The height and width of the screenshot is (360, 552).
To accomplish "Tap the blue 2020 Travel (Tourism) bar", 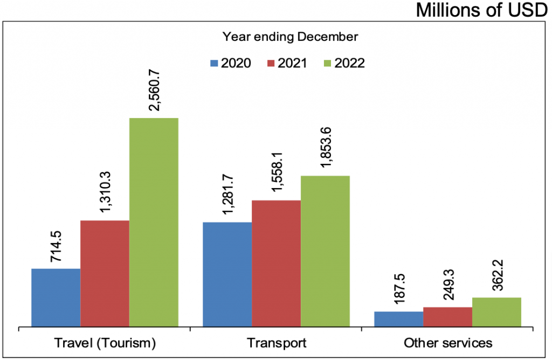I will [56, 297].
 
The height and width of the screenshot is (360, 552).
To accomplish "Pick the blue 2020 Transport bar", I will [227, 274].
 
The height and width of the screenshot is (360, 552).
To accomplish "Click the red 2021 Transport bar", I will [276, 264].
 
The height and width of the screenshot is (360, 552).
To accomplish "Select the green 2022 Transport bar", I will [325, 251].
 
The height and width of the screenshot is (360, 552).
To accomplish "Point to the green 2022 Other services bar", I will [496, 312].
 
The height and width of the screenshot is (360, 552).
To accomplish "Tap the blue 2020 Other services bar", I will [398, 319].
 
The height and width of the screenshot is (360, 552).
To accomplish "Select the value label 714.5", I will [56, 246].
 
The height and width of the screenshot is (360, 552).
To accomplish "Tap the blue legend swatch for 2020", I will [215, 64].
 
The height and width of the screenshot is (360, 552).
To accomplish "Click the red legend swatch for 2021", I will [271, 64].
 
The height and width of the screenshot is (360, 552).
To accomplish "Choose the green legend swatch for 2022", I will [327, 64].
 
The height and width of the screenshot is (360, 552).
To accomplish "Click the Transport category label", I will [276, 343].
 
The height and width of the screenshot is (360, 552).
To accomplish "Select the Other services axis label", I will [448, 343].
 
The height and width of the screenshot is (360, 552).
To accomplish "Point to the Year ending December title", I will [290, 37].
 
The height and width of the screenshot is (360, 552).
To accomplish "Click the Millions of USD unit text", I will [481, 10].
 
